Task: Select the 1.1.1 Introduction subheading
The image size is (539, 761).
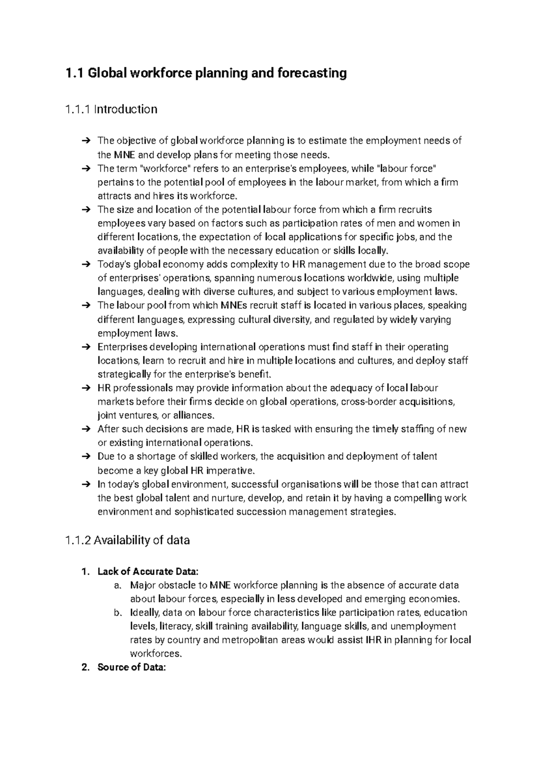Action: pos(111,109)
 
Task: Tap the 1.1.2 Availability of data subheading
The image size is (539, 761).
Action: pos(127,540)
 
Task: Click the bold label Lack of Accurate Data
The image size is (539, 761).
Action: pos(148,571)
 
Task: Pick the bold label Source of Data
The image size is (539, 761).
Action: pos(132,667)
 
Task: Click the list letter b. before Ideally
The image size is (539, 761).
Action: pos(118,613)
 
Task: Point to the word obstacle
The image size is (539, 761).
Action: pos(172,585)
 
